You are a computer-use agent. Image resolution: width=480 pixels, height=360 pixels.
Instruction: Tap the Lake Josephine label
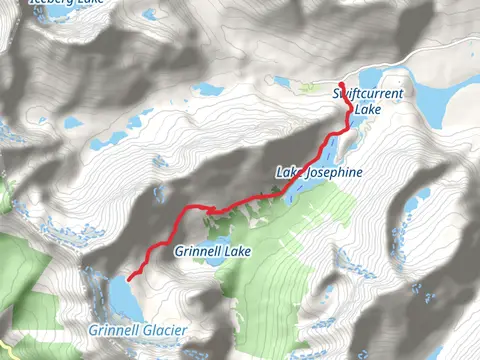(x=319, y=173)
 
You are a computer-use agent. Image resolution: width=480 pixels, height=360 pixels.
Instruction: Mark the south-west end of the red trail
(x=130, y=276)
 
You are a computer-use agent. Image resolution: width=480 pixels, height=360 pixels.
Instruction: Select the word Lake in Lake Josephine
(x=288, y=173)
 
